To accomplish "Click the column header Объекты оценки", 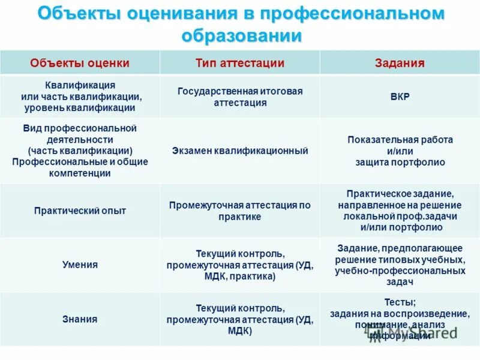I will tap(80, 63).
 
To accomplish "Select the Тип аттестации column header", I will tap(240, 63).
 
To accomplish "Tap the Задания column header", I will tap(400, 63).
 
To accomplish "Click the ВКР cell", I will tap(400, 97).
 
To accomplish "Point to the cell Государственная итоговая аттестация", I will tap(240, 97).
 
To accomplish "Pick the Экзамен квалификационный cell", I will tap(240, 151).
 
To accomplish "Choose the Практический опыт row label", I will tap(80, 211).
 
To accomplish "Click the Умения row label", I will tap(80, 265).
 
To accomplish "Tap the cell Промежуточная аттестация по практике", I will tap(240, 211).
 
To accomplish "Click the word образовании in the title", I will tap(240, 35).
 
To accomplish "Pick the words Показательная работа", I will tap(400, 139).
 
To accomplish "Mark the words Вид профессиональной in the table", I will tap(80, 128).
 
